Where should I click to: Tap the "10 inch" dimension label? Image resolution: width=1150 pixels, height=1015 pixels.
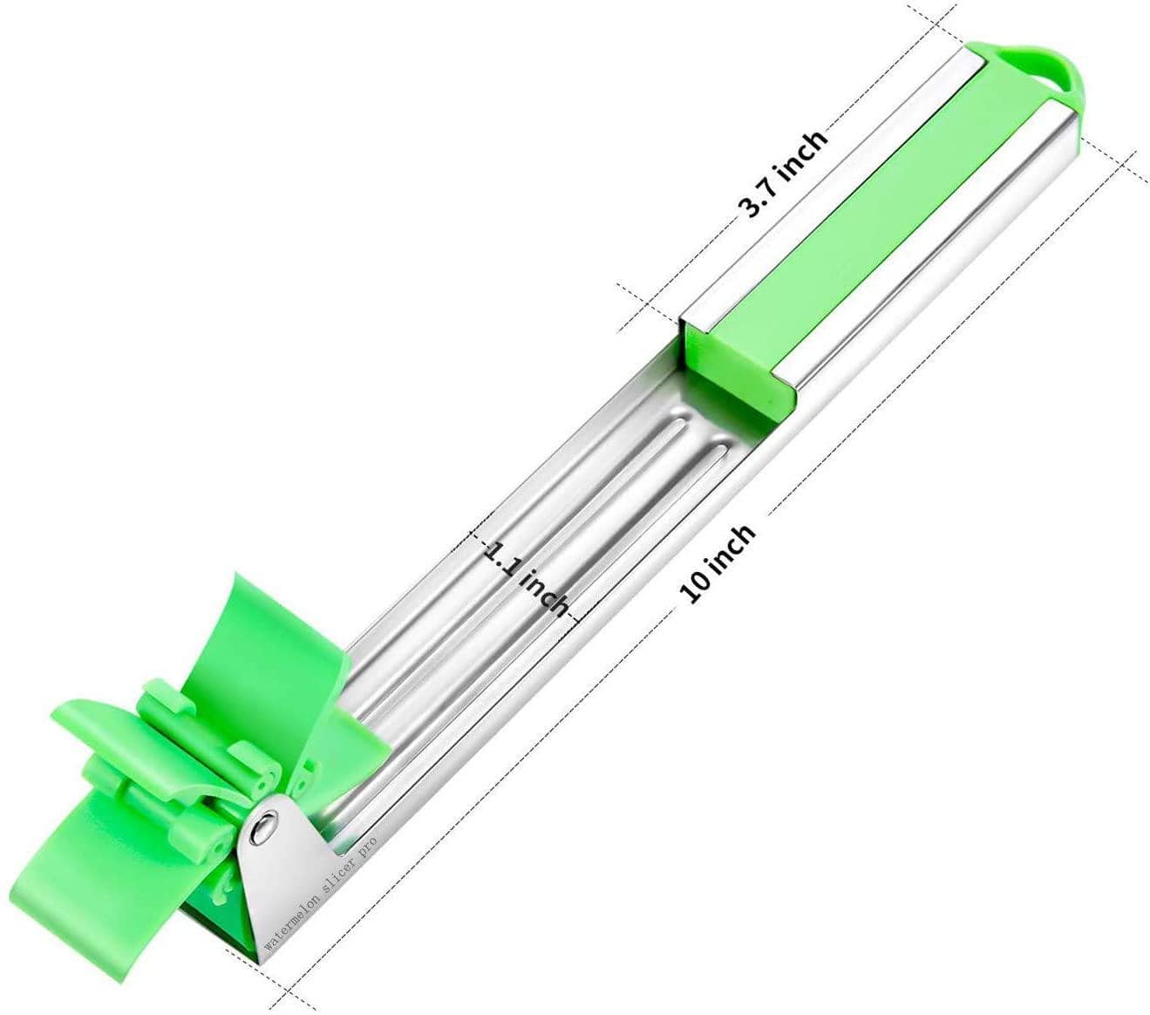click(x=718, y=563)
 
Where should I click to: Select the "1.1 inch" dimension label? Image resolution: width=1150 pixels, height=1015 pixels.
click(x=525, y=578)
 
